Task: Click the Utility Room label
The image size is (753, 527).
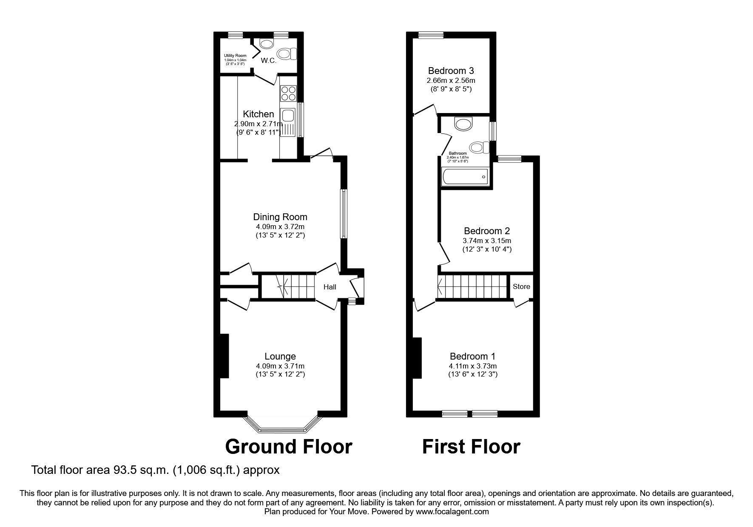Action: tap(235, 56)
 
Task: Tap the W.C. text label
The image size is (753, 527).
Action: tap(269, 61)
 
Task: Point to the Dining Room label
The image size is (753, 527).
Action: tap(280, 217)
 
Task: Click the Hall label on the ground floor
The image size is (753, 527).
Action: tap(330, 287)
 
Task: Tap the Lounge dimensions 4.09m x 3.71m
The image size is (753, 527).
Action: tap(280, 366)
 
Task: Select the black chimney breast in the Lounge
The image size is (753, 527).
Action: tap(224, 356)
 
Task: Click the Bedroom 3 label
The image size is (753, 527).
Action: tap(451, 71)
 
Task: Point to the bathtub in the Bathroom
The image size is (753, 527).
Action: tap(465, 176)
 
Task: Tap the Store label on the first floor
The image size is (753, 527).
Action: tap(521, 286)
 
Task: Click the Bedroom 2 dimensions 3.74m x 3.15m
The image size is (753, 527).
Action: tap(487, 241)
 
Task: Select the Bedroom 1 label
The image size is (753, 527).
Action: tap(472, 356)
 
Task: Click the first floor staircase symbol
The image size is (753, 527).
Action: tap(473, 286)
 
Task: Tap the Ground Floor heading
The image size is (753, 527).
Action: tap(288, 447)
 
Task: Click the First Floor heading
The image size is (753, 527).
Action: tap(471, 447)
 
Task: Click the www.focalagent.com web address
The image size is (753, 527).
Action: tap(452, 512)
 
